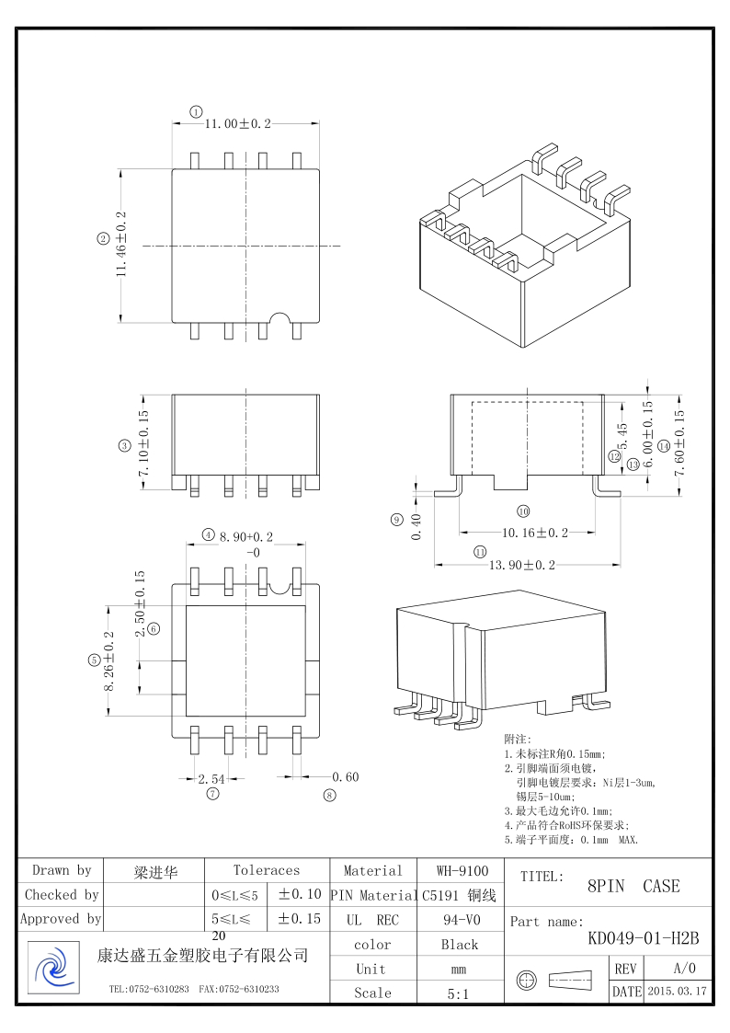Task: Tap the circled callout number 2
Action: (x=103, y=239)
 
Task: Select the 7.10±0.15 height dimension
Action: (x=143, y=442)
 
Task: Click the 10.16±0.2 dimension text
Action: (x=535, y=533)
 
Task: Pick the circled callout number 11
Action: (x=479, y=552)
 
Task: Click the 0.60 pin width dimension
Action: (x=346, y=777)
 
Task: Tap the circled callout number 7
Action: (x=212, y=794)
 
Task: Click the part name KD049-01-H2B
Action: (x=644, y=939)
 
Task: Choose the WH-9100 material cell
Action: (x=462, y=870)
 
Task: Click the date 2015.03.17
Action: (x=678, y=992)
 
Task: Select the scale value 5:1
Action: (x=458, y=993)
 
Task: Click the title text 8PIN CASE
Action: (x=633, y=887)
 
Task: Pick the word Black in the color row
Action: (x=460, y=945)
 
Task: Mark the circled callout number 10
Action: (x=523, y=511)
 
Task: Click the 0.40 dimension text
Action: (x=416, y=528)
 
